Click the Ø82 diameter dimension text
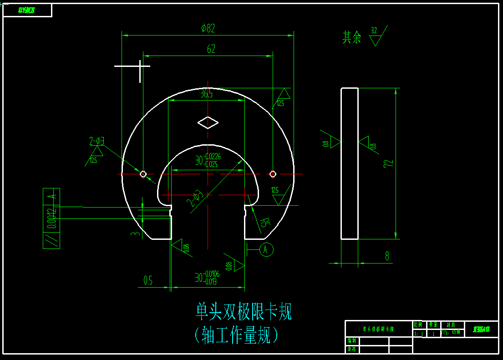208,28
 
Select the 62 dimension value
211,49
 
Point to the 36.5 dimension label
206,94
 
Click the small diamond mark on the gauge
208,122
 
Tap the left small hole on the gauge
143,174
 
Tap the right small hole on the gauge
273,174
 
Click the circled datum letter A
267,249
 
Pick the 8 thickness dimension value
387,256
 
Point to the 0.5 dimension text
148,281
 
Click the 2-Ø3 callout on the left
97,141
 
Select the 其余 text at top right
352,37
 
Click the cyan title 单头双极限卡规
244,312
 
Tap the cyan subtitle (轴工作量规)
236,335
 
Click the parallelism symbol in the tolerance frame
51,240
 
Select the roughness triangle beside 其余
375,41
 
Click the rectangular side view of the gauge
350,164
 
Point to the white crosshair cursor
140,66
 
